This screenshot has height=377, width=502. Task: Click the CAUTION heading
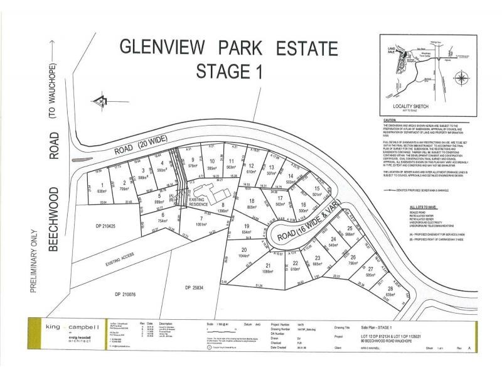[391, 120]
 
